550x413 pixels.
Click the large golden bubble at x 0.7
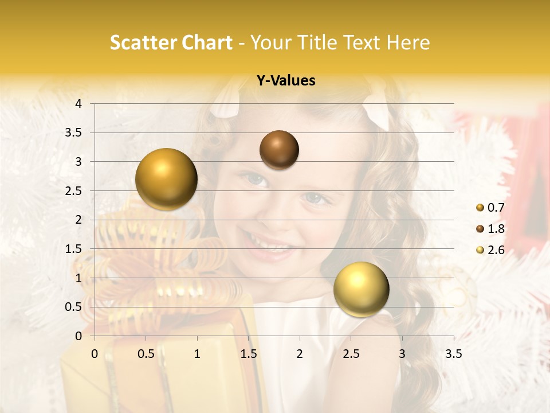click(166, 179)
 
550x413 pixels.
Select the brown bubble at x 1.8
click(279, 150)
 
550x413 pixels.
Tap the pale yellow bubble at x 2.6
click(361, 289)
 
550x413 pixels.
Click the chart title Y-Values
click(285, 81)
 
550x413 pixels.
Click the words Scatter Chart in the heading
click(171, 42)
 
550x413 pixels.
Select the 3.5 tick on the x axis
click(453, 354)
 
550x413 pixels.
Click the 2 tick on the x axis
click(300, 354)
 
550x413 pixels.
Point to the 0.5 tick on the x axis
click(146, 354)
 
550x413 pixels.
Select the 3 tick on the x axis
click(402, 354)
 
